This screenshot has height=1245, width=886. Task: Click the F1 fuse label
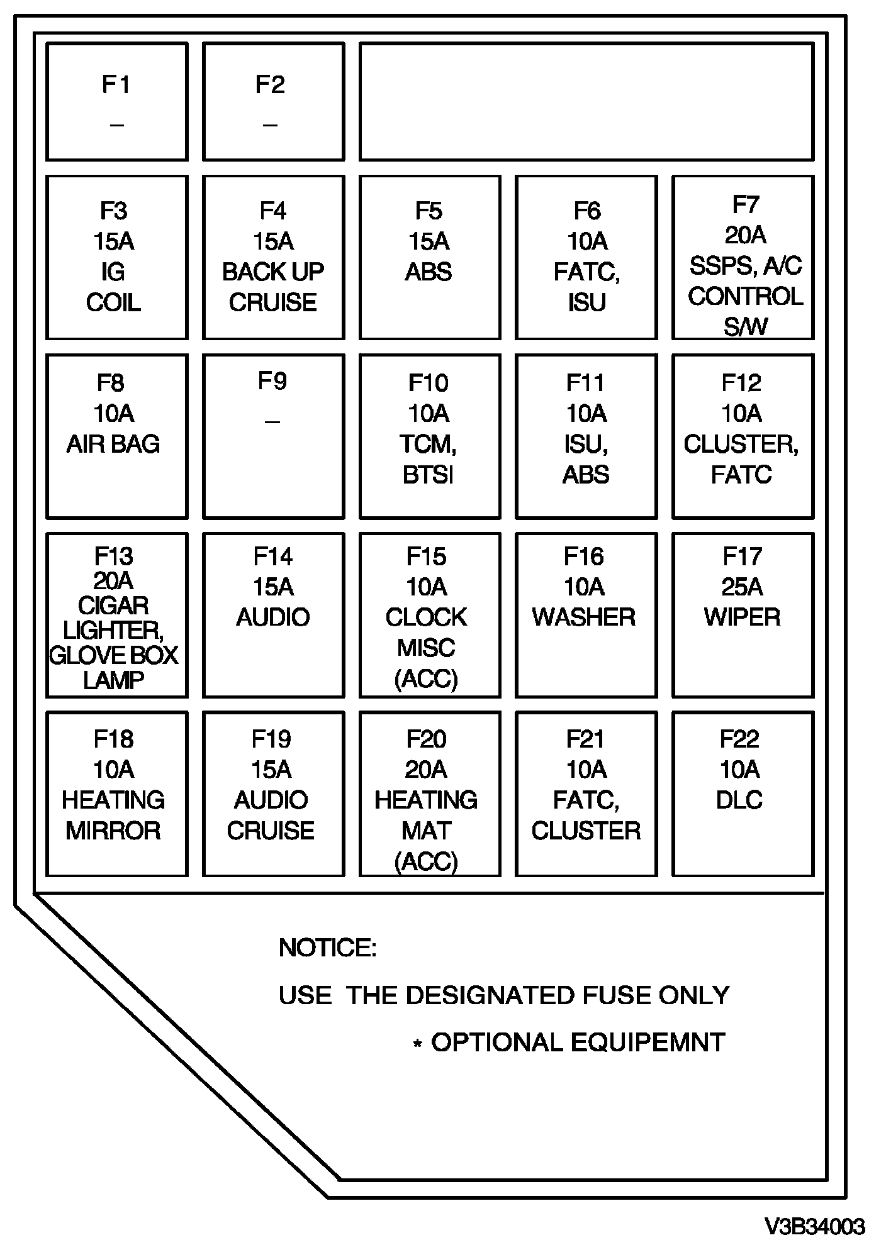click(116, 84)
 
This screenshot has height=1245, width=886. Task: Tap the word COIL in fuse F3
click(113, 302)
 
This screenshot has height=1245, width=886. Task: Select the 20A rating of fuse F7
click(745, 235)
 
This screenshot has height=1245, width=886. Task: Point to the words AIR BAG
click(113, 444)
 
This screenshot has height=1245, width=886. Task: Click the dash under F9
click(272, 421)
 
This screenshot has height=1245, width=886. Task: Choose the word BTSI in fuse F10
click(428, 475)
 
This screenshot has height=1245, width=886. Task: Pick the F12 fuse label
click(741, 383)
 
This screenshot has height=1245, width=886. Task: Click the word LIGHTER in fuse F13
click(113, 630)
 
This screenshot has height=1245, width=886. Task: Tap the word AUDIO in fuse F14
click(273, 617)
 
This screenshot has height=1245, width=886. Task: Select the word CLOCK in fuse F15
click(426, 617)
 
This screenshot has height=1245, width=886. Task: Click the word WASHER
click(584, 617)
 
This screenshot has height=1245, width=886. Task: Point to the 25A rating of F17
click(742, 587)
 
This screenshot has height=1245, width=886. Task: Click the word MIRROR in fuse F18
click(113, 831)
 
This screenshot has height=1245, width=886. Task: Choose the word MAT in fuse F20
click(426, 831)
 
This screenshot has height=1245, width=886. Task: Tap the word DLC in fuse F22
click(739, 800)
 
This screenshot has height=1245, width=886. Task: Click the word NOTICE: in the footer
click(327, 948)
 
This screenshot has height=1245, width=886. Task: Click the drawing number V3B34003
click(814, 1226)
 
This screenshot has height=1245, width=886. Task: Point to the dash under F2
click(270, 124)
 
